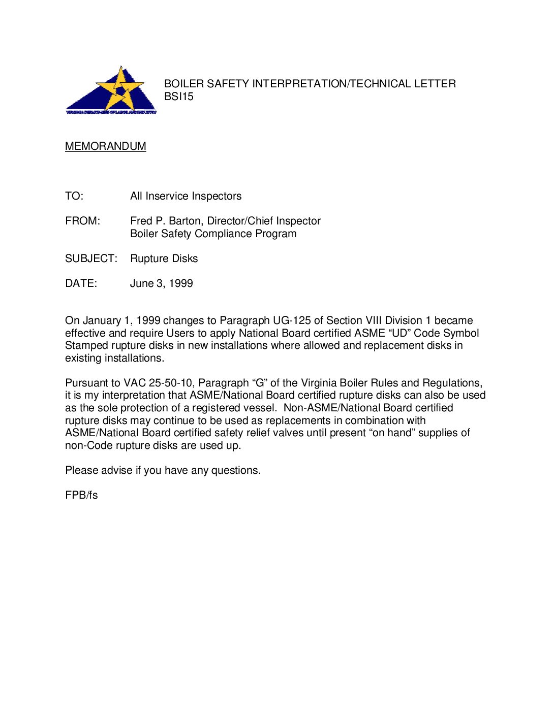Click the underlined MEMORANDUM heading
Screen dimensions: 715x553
tap(105, 146)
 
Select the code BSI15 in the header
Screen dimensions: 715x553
tap(178, 96)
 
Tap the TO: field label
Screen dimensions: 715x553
tap(74, 196)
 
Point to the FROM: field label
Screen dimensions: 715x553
tap(82, 221)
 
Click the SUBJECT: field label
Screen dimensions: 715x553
tap(91, 258)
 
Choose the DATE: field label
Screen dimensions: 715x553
tap(81, 283)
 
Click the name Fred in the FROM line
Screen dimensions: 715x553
tap(141, 221)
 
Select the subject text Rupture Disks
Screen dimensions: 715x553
tap(164, 258)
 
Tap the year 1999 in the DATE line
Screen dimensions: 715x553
tap(180, 283)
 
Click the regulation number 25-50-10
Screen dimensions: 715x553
tap(170, 383)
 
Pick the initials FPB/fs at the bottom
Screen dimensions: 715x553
tap(81, 495)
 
